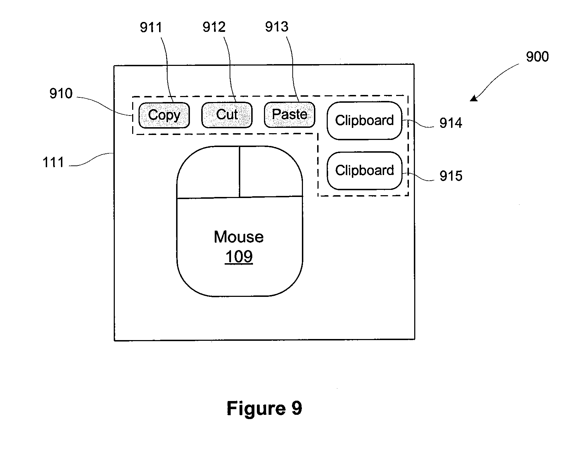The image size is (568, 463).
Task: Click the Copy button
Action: (164, 115)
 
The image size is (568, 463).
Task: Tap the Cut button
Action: (227, 115)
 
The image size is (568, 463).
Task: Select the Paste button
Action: (289, 115)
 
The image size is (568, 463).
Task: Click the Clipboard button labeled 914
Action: (364, 120)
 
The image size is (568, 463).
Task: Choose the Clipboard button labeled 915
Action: (364, 171)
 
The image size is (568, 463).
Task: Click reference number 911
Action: (151, 28)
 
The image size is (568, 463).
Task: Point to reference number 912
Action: (214, 27)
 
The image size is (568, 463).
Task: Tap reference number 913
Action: (277, 27)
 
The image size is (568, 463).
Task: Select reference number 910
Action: (61, 94)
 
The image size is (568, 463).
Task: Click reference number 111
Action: (53, 162)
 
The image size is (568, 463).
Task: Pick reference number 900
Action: (537, 57)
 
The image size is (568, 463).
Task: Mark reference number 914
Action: (451, 123)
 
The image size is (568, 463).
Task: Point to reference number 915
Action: (451, 176)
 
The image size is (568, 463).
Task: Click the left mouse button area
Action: (208, 173)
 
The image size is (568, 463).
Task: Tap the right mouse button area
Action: (271, 172)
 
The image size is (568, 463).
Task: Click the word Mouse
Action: (238, 237)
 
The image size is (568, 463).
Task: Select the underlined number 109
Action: (239, 256)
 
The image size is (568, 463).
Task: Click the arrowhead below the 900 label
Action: (474, 98)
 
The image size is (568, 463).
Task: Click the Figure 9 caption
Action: (264, 408)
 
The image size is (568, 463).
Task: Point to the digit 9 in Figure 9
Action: (297, 408)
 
